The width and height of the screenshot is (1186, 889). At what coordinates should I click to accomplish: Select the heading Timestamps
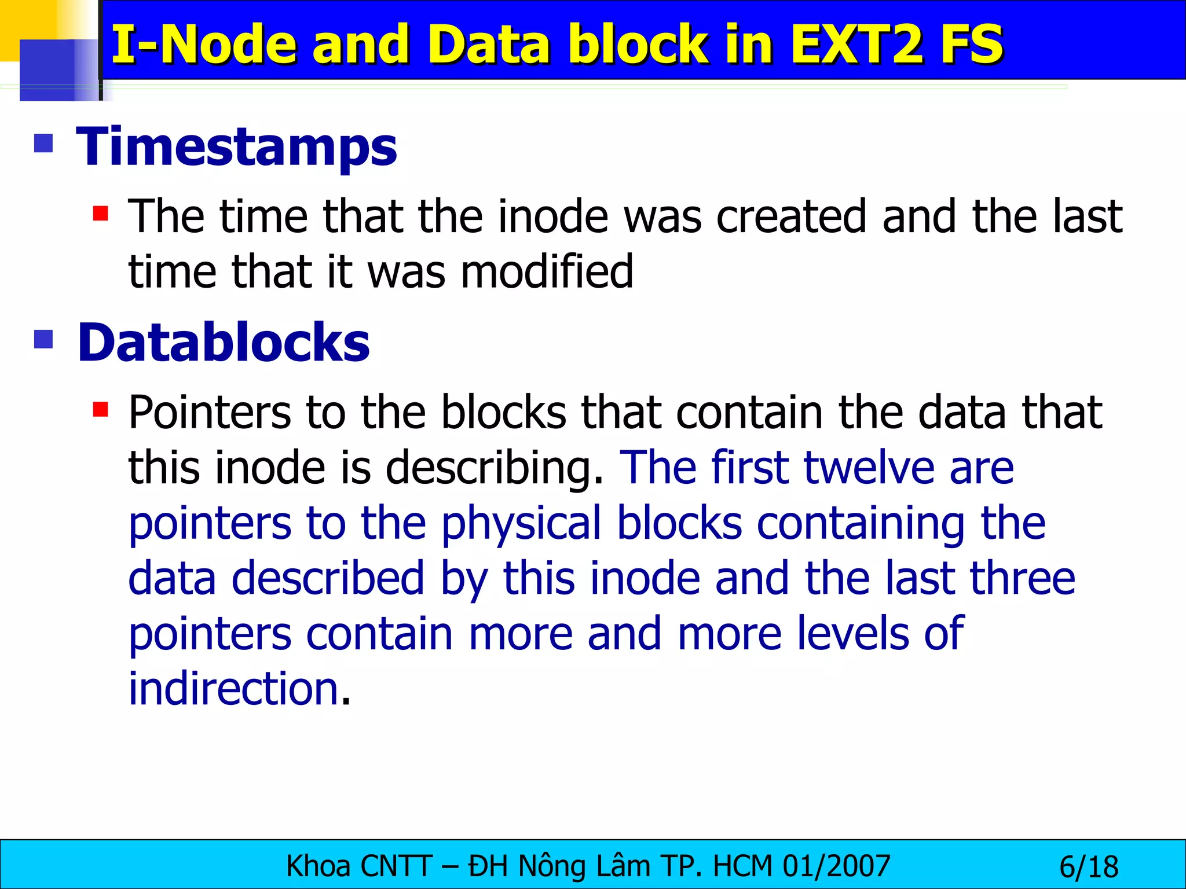237,147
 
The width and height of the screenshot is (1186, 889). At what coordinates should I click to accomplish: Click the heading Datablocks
224,343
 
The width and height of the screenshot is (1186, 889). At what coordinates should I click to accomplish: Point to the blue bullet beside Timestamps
44,143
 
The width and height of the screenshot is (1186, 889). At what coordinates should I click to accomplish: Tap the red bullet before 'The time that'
101,214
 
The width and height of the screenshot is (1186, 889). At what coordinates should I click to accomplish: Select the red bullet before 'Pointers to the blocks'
101,410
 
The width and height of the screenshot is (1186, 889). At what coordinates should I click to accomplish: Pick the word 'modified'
547,271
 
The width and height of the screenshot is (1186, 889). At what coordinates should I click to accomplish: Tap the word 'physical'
521,524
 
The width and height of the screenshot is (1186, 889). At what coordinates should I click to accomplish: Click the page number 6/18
1089,867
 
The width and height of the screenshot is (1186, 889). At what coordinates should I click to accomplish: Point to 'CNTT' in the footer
397,866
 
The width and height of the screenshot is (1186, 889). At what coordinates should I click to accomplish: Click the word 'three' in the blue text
1023,578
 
